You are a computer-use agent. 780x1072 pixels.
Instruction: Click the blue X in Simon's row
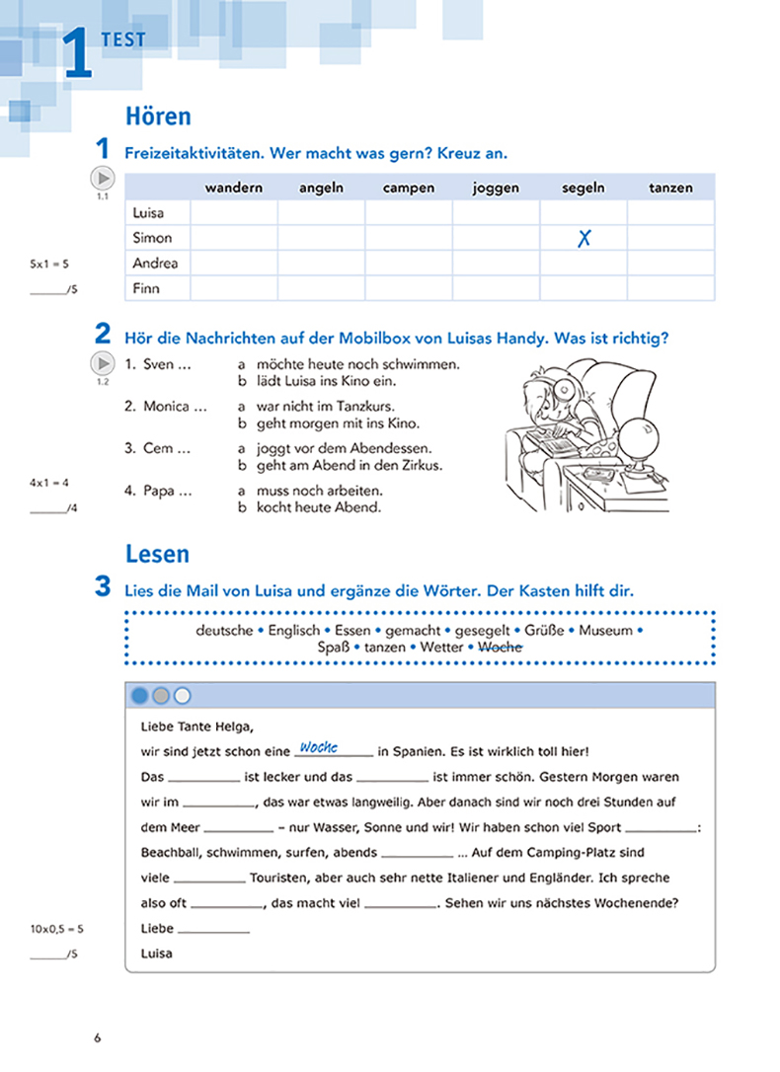click(x=584, y=238)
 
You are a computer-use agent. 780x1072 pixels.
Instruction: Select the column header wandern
click(x=233, y=188)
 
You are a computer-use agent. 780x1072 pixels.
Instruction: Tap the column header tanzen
click(x=670, y=188)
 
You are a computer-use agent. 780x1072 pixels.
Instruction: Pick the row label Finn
click(x=145, y=289)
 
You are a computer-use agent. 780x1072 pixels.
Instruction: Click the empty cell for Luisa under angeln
click(x=321, y=212)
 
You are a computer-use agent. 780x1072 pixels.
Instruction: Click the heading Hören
click(x=158, y=116)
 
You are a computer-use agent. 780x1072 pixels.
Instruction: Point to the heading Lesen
click(x=157, y=554)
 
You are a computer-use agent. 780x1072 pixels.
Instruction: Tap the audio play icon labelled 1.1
click(x=103, y=179)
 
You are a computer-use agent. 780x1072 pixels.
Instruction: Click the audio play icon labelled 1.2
click(x=103, y=363)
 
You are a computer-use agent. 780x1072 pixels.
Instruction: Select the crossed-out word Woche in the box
click(x=500, y=648)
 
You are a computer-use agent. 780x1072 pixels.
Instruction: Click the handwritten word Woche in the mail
click(x=319, y=748)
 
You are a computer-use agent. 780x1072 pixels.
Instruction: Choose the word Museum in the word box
click(x=605, y=630)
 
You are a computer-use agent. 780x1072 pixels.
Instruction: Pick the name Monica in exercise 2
click(x=165, y=406)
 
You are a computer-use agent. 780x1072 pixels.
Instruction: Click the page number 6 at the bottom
click(x=97, y=1037)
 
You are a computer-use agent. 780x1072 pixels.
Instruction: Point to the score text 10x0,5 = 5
click(x=56, y=929)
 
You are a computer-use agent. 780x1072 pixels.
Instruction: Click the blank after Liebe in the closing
click(x=214, y=930)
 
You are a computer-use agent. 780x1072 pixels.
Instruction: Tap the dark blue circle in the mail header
click(x=140, y=696)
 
